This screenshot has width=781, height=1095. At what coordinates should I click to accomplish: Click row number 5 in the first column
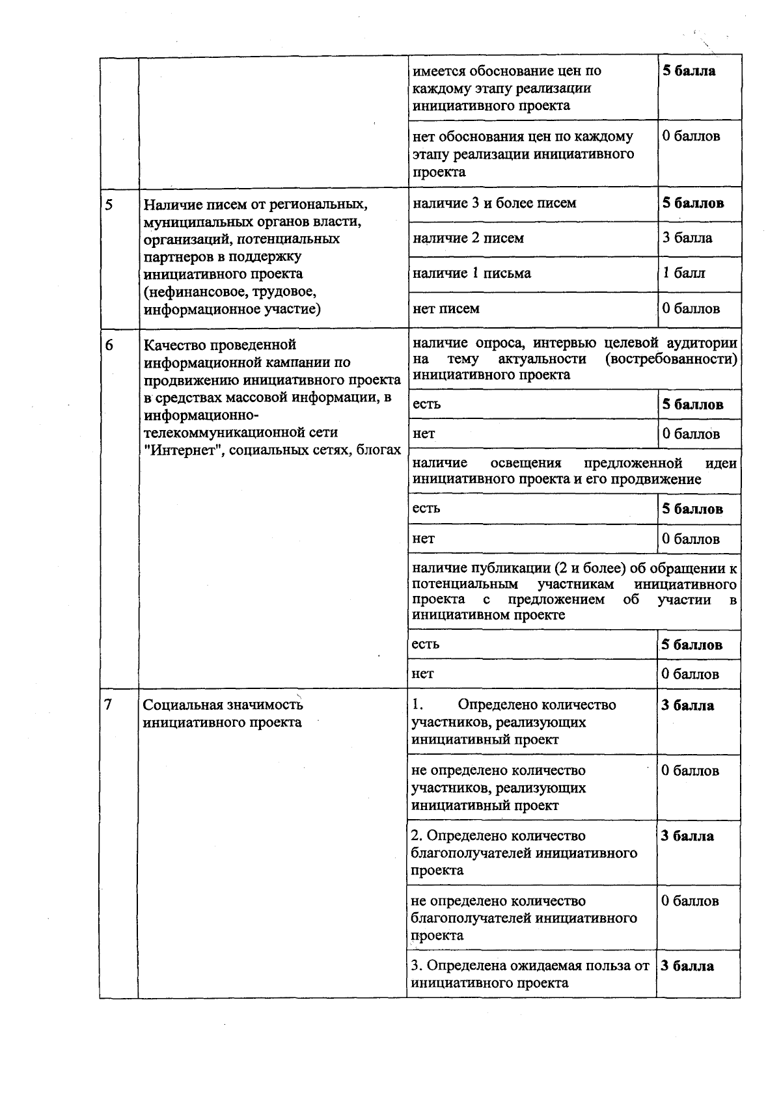[x=109, y=204]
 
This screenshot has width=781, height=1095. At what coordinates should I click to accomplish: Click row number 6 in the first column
[x=109, y=345]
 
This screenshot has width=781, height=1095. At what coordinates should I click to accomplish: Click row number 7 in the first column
[x=109, y=705]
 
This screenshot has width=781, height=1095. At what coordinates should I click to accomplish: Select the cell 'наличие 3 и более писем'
[x=495, y=203]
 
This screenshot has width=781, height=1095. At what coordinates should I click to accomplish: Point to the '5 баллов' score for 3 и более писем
[x=693, y=203]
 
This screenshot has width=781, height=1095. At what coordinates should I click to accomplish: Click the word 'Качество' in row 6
[x=171, y=345]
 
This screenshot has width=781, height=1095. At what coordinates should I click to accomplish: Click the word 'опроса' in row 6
[x=503, y=343]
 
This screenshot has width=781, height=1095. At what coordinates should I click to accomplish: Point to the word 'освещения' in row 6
[x=526, y=463]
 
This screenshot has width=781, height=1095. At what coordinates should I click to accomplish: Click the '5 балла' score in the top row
[x=689, y=71]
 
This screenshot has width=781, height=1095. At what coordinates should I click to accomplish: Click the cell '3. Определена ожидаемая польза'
[x=530, y=974]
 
